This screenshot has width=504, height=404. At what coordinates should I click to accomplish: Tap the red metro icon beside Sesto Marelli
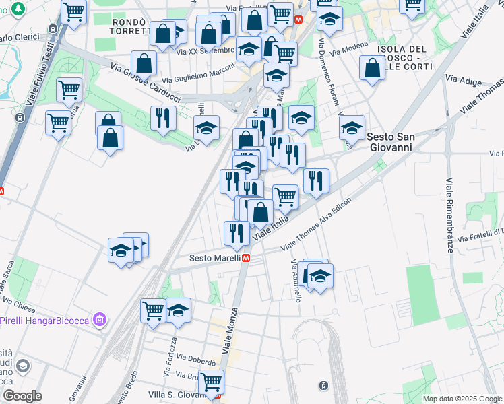tap(247, 258)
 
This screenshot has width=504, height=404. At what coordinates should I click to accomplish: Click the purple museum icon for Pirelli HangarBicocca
tap(100, 320)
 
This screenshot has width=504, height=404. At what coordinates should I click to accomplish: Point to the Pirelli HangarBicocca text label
tap(44, 320)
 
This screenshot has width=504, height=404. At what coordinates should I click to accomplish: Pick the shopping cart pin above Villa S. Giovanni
tap(212, 382)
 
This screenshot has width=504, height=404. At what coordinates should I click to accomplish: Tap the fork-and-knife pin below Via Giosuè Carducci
tap(162, 119)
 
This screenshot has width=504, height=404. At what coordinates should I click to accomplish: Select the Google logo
tap(23, 396)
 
